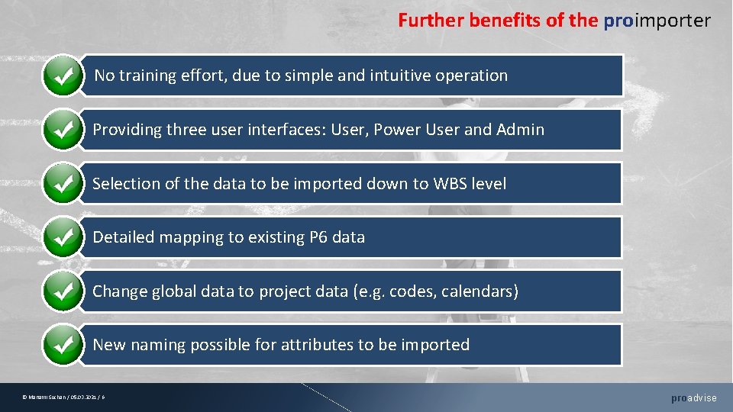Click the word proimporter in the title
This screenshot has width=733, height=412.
(657, 21)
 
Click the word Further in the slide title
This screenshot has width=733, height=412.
(431, 21)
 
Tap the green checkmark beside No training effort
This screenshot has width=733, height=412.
(63, 76)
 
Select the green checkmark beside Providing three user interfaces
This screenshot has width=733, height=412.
(63, 129)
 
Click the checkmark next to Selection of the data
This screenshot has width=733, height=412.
(63, 183)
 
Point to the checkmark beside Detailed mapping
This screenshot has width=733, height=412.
(63, 237)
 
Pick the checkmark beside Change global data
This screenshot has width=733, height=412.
(63, 291)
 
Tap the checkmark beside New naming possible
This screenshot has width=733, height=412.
(63, 345)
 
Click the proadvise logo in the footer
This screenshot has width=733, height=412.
(693, 398)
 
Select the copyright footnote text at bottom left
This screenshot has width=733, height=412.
(64, 398)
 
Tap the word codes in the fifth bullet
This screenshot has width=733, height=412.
(411, 291)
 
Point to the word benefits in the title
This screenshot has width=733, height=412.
(505, 21)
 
